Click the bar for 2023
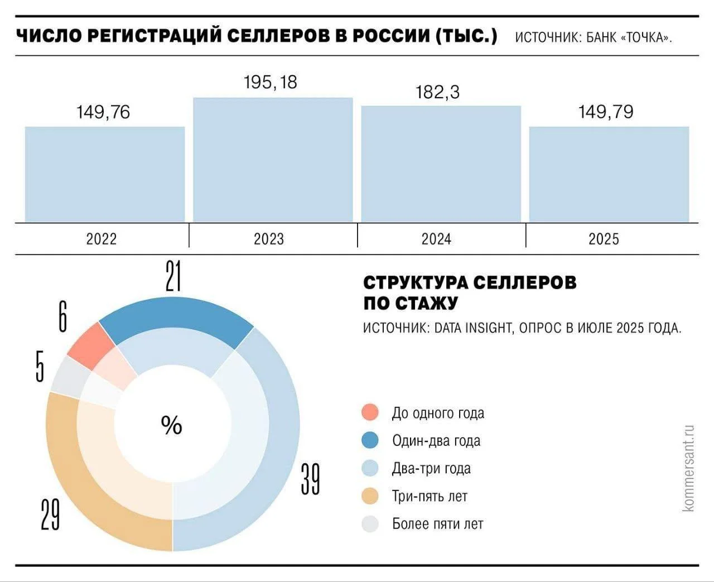click(x=273, y=160)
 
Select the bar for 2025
click(x=609, y=174)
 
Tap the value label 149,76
click(x=103, y=112)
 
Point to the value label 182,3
click(x=438, y=92)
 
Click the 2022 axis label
click(x=102, y=239)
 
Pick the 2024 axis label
click(x=436, y=239)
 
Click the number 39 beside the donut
click(x=310, y=479)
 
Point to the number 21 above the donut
click(x=173, y=275)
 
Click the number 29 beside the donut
click(x=50, y=514)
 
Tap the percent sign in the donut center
click(x=172, y=425)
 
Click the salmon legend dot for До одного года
click(x=370, y=413)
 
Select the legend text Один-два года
click(x=436, y=441)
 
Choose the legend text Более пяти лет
click(x=437, y=524)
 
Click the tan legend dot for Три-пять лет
click(x=370, y=496)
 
